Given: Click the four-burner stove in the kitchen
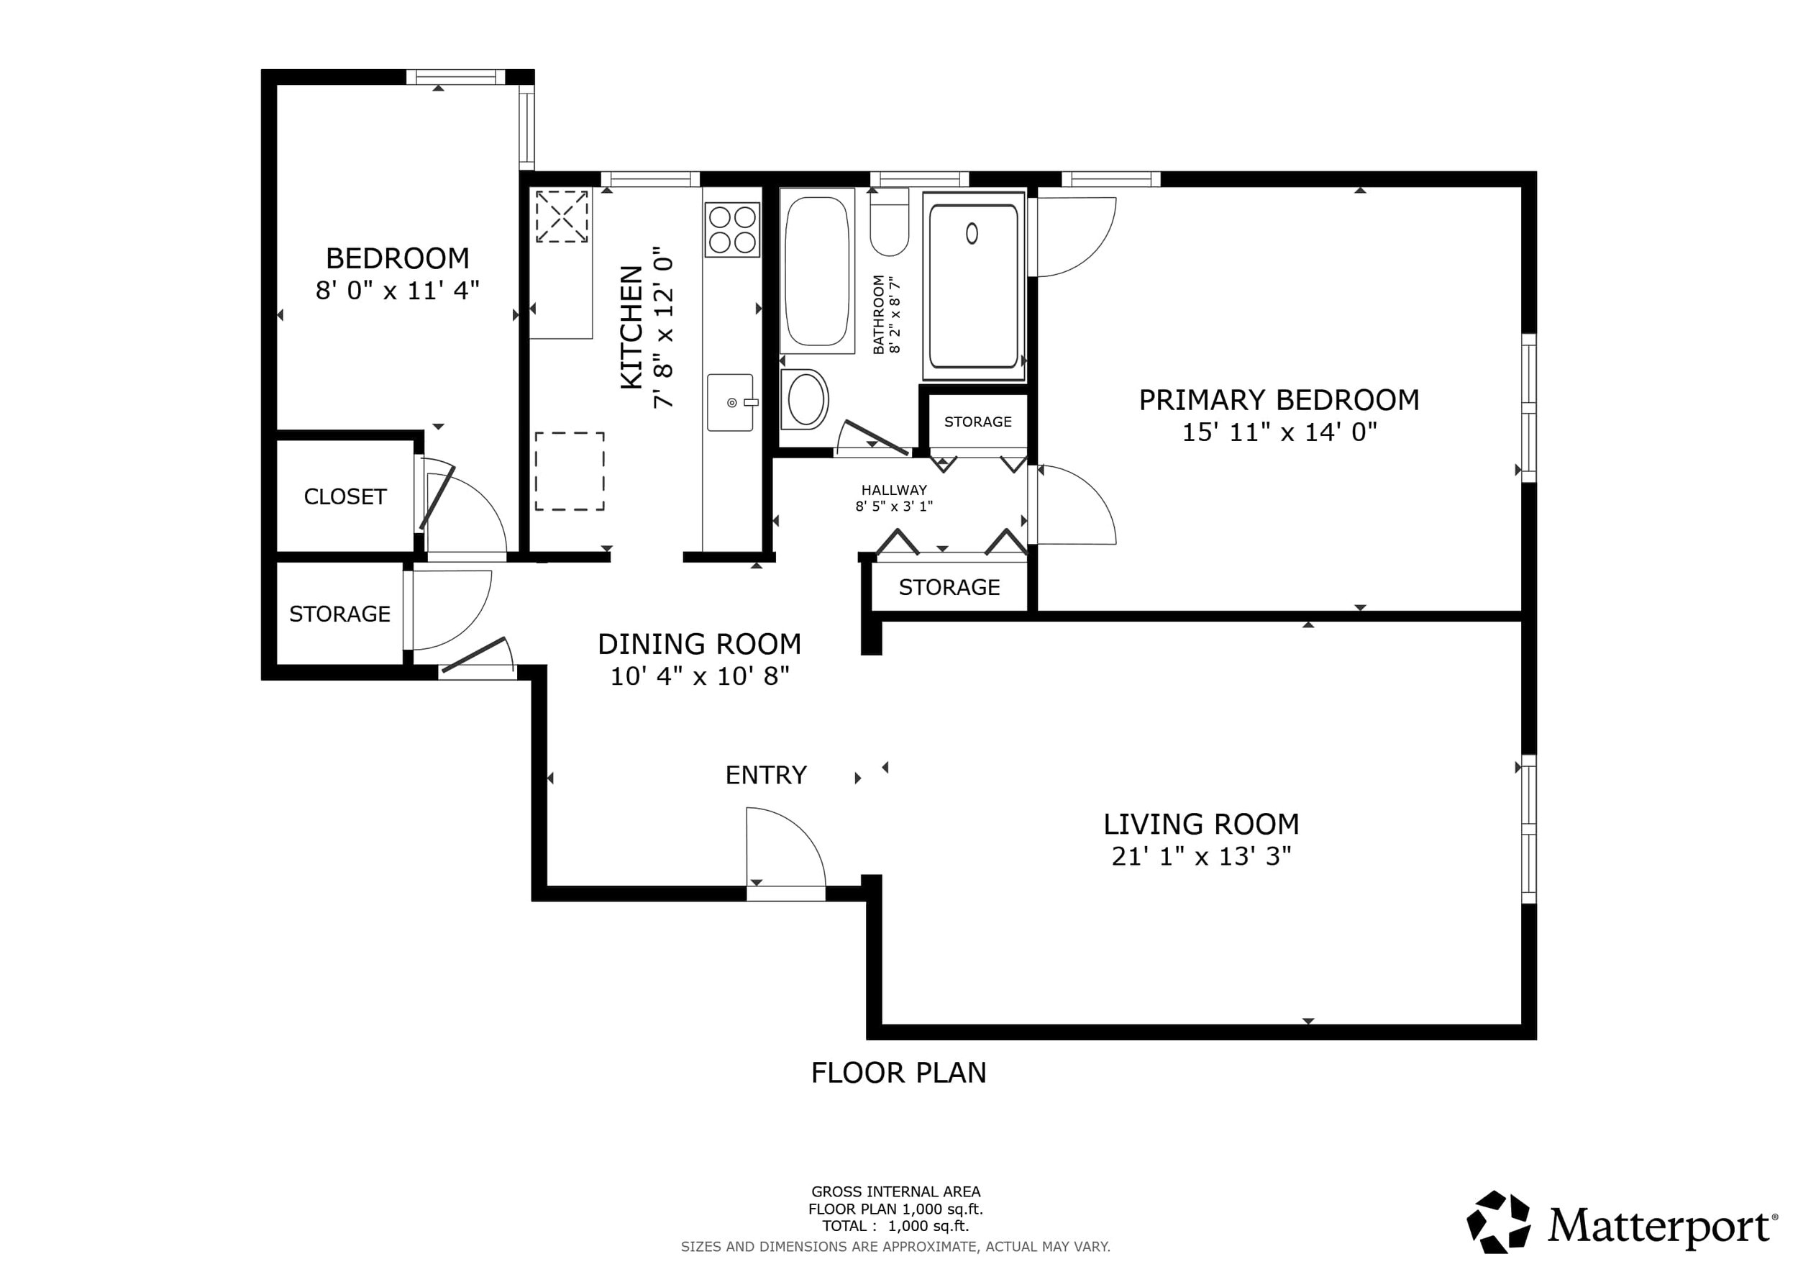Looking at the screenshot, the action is pos(732,229).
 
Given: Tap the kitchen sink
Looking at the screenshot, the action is pos(731,403).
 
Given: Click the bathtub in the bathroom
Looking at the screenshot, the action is pos(817,271).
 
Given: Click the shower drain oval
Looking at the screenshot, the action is pos(972,233).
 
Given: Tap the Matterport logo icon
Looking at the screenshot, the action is pos(1498,1222).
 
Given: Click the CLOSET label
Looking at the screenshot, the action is pos(345,496).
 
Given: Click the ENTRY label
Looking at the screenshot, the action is pos(766,775).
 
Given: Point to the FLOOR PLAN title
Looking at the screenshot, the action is pos(898,1072).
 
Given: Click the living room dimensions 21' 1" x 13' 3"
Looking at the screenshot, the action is pos(1201,856).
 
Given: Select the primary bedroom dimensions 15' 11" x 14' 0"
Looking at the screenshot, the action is pos(1279,432).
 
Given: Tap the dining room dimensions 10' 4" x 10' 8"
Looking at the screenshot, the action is pos(699,675).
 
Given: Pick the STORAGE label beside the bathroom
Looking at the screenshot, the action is pos(978,422).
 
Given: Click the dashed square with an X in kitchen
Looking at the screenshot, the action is pos(562,216).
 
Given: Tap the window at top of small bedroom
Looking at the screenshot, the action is pos(456,77).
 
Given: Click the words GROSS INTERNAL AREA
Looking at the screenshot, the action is pos(896,1191).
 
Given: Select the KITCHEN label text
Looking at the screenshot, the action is pos(631,327).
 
